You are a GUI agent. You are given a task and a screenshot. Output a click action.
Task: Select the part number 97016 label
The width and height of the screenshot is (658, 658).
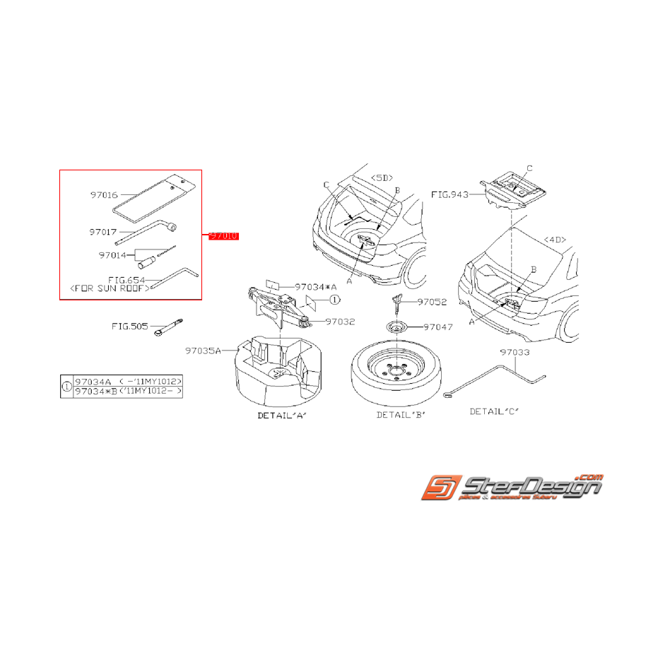[103, 194]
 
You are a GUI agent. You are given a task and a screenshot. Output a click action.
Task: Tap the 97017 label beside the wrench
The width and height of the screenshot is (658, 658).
[103, 232]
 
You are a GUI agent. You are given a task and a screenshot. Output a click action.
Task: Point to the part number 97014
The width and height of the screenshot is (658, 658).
[112, 254]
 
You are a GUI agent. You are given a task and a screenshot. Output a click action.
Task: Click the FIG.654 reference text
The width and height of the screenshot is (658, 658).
[127, 280]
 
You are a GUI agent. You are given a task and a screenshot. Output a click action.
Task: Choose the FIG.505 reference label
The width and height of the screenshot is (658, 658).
[130, 327]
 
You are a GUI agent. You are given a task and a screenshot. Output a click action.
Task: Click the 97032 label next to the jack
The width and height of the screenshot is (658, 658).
[340, 322]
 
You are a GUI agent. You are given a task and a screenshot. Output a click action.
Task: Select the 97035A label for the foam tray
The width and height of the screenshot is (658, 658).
[204, 350]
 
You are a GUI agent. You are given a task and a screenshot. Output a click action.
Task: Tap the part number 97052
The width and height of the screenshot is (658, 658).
[432, 302]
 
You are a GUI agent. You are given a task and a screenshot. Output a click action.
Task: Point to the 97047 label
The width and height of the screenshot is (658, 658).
[437, 327]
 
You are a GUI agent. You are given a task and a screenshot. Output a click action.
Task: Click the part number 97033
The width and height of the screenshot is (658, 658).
[514, 351]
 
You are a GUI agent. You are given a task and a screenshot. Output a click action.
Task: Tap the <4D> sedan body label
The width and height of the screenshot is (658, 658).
[555, 240]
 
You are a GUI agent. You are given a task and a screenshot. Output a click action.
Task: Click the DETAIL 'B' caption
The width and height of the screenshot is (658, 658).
[400, 414]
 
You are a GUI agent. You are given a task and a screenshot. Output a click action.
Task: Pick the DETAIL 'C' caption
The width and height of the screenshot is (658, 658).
[494, 411]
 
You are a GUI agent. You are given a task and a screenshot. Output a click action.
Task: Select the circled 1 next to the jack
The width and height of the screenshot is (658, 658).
[334, 299]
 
